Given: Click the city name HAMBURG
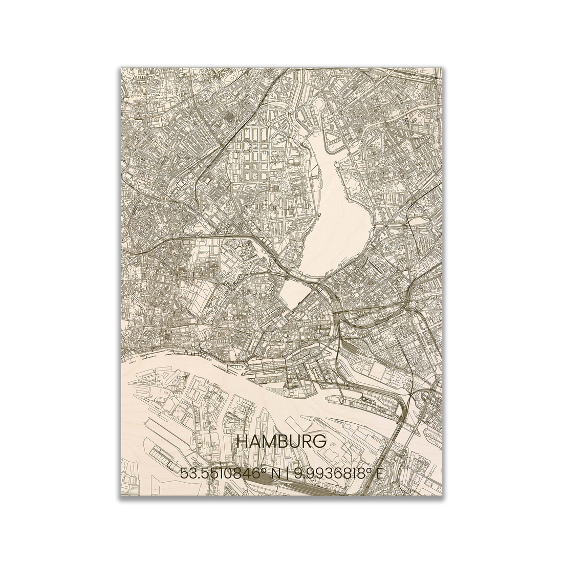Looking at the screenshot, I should [x=281, y=442].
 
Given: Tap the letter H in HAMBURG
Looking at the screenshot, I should [x=242, y=442].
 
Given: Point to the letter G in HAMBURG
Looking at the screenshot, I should [x=319, y=442].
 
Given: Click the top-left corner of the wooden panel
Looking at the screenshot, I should [x=121, y=68].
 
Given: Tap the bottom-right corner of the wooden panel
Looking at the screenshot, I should [x=441, y=495].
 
